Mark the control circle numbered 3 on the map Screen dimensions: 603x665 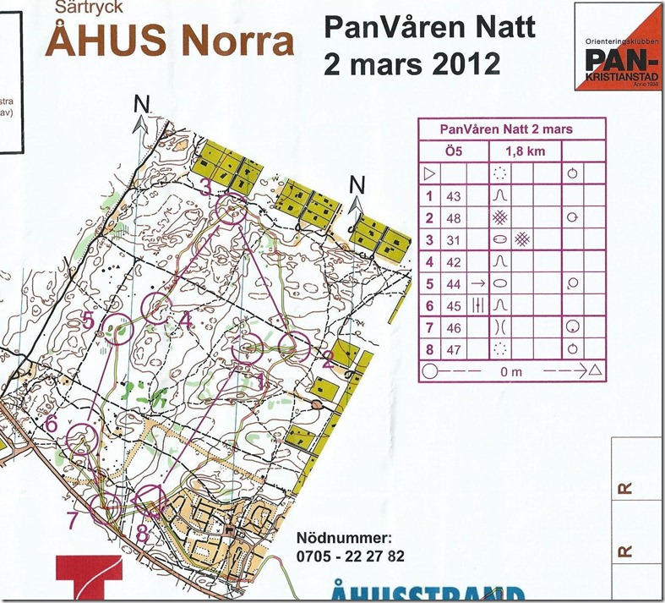231,208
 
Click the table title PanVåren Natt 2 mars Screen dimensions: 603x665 513,129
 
